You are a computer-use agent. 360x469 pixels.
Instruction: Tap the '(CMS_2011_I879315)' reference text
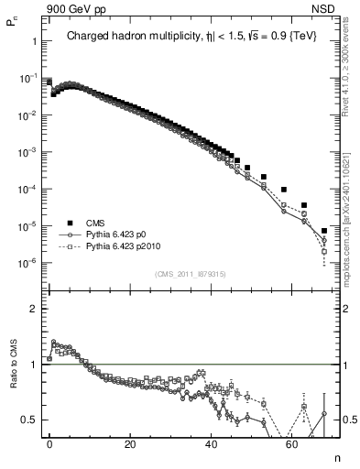[x=191, y=274]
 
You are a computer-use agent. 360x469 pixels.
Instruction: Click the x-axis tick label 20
[x=131, y=443]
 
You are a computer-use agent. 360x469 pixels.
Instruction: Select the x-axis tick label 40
[x=212, y=443]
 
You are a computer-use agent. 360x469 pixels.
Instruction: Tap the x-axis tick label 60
[x=292, y=443]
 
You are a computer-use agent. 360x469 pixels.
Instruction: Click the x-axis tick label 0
[x=50, y=443]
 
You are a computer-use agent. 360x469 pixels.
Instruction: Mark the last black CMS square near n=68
[x=324, y=231]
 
